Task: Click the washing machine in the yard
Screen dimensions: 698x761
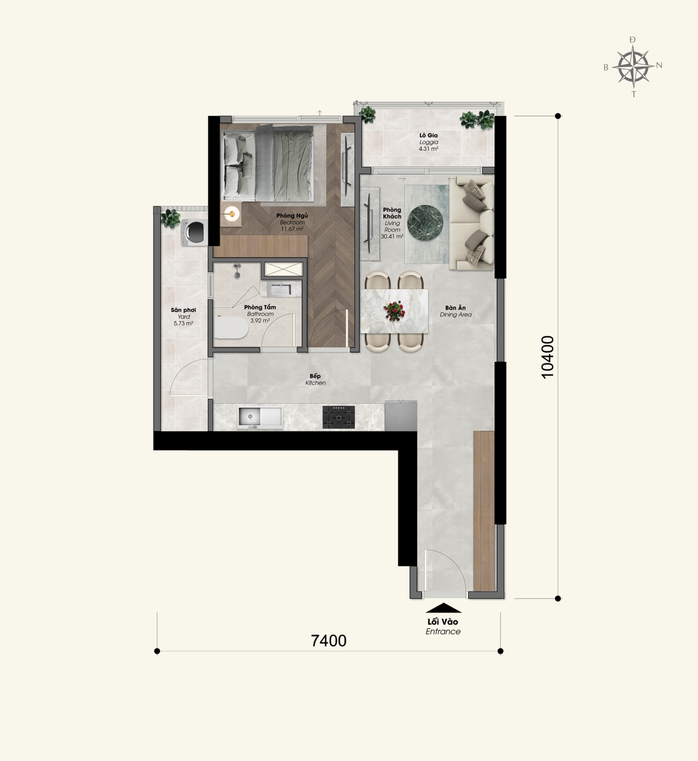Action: click(x=194, y=233)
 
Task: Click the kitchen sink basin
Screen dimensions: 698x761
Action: click(x=260, y=418)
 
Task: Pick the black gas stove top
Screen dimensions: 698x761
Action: click(x=339, y=417)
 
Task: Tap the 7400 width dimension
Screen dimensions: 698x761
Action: click(x=329, y=641)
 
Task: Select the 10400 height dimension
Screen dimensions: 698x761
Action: click(x=548, y=357)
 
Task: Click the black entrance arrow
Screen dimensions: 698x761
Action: click(x=443, y=608)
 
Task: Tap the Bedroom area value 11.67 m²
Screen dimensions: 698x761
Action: click(x=292, y=229)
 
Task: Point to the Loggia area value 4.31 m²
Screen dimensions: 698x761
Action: click(x=428, y=149)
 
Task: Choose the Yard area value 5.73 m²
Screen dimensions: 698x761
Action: click(x=183, y=323)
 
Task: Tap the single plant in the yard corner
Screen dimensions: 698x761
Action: click(x=170, y=219)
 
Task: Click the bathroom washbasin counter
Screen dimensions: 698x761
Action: click(x=281, y=289)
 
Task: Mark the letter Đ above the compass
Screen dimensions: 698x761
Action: click(x=632, y=40)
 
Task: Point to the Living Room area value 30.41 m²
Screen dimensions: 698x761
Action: click(x=392, y=236)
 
